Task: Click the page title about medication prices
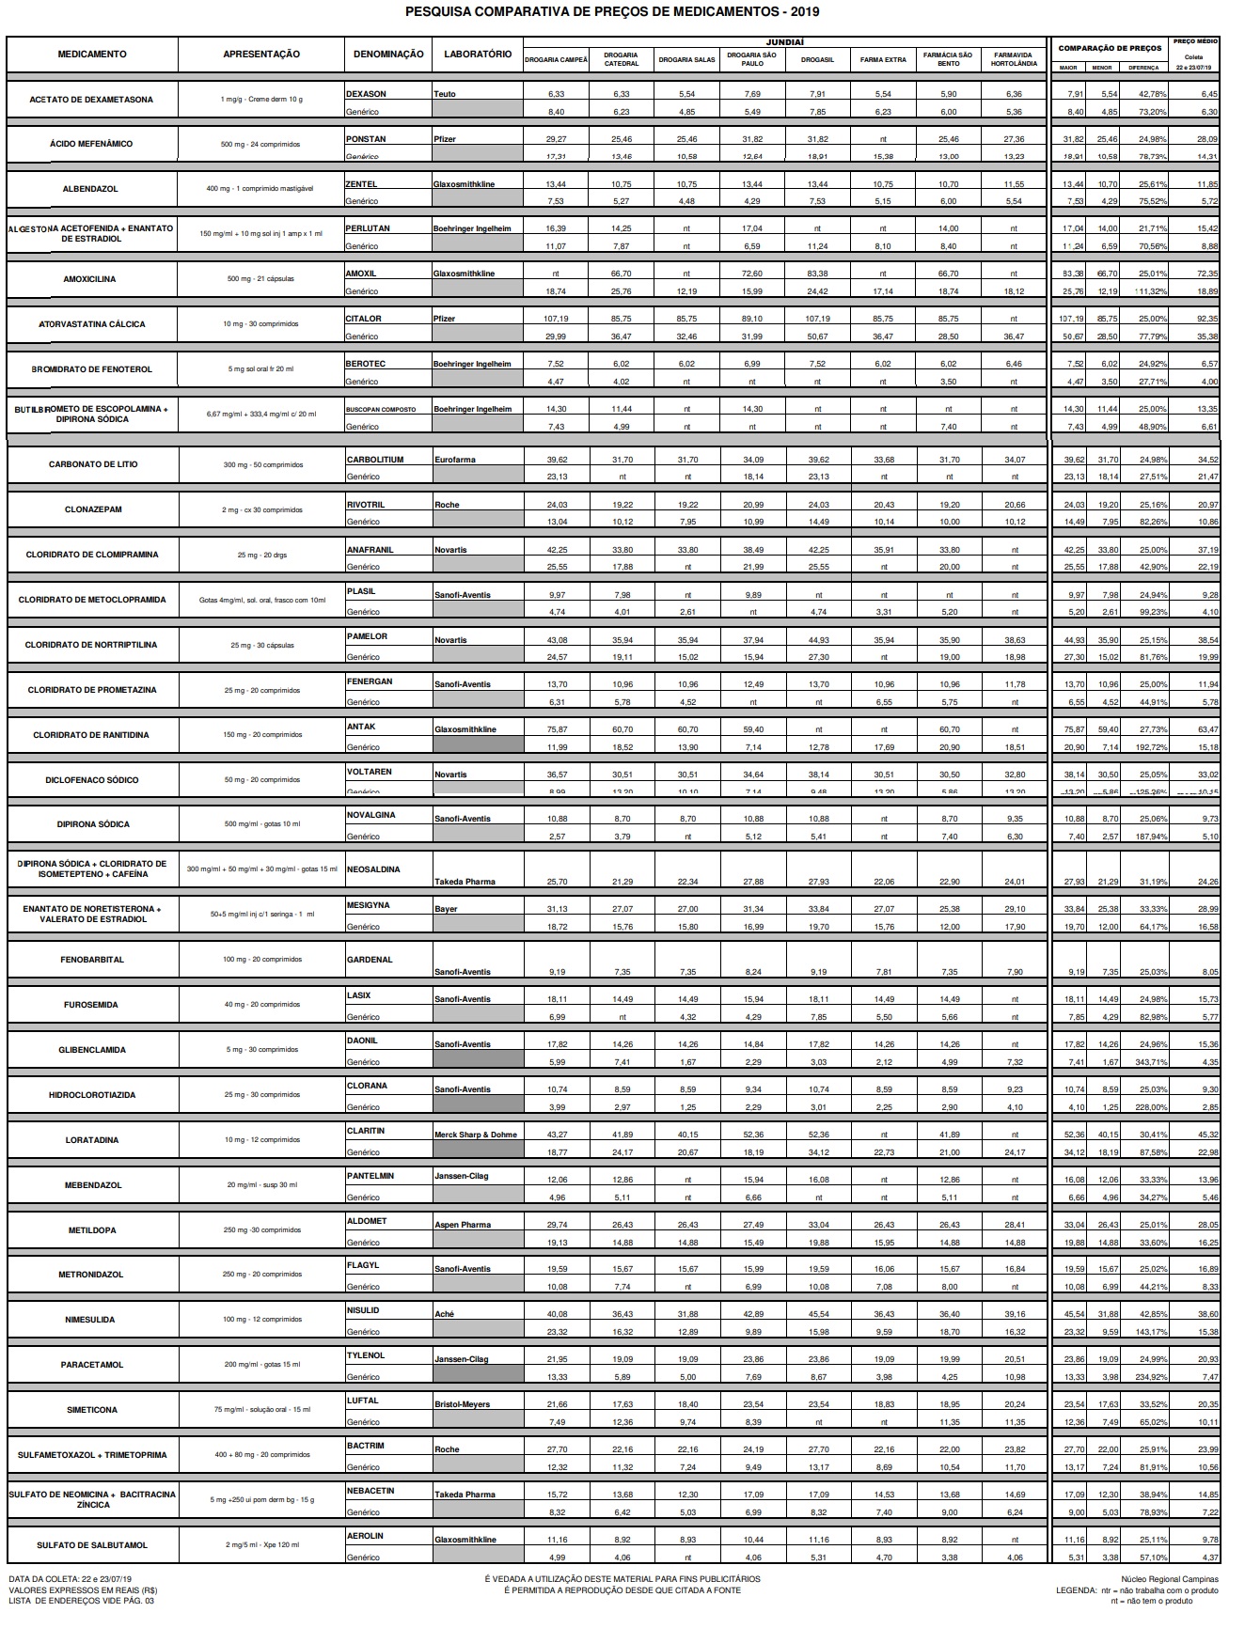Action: pyautogui.click(x=611, y=12)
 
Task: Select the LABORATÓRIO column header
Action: pyautogui.click(x=478, y=55)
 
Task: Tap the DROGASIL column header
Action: pyautogui.click(x=817, y=60)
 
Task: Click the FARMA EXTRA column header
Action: pyautogui.click(x=883, y=60)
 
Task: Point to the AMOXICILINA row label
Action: pyautogui.click(x=91, y=279)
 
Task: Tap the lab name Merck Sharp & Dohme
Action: pyautogui.click(x=476, y=1135)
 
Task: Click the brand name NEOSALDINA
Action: pyautogui.click(x=373, y=869)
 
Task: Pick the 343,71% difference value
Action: pyautogui.click(x=1143, y=1062)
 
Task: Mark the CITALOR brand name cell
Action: pyautogui.click(x=364, y=319)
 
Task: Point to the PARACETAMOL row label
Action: pyautogui.click(x=91, y=1365)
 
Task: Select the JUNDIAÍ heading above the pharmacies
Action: pyautogui.click(x=784, y=41)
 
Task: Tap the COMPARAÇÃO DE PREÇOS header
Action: pyautogui.click(x=1110, y=48)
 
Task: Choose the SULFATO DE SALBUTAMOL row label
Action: pyautogui.click(x=91, y=1545)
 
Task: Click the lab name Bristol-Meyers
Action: pyautogui.click(x=462, y=1404)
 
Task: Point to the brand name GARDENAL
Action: pyautogui.click(x=369, y=960)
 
